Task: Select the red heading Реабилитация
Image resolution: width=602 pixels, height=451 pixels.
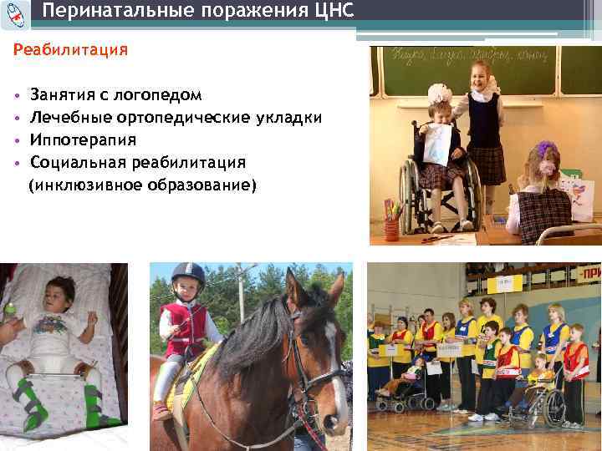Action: click(70, 50)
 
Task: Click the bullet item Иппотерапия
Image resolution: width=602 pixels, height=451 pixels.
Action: click(83, 139)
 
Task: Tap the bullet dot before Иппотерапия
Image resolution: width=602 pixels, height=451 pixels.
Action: click(18, 140)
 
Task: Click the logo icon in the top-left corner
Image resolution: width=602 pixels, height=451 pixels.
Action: click(14, 11)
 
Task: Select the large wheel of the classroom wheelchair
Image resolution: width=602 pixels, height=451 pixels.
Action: click(411, 192)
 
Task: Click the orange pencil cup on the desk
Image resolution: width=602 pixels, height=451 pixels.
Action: click(390, 229)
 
